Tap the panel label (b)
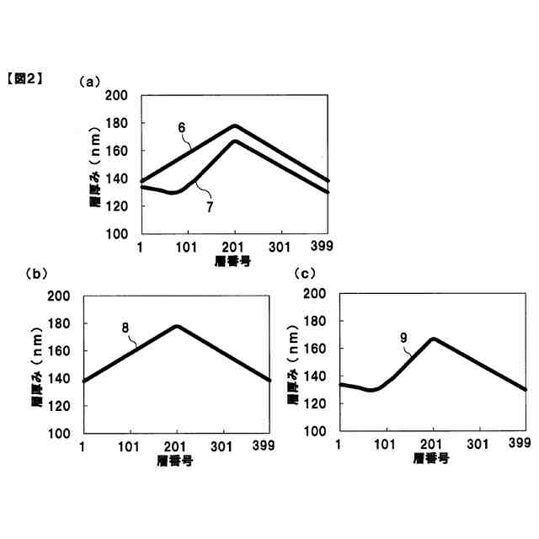click(35, 273)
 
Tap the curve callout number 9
click(404, 337)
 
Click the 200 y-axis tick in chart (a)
click(117, 97)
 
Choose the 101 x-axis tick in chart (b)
click(130, 446)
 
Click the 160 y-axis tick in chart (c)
click(314, 348)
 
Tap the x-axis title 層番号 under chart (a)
click(232, 261)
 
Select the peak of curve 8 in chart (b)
click(177, 326)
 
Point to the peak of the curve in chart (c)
click(432, 339)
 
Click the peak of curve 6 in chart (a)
click(234, 125)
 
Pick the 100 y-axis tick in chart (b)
click(58, 433)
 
